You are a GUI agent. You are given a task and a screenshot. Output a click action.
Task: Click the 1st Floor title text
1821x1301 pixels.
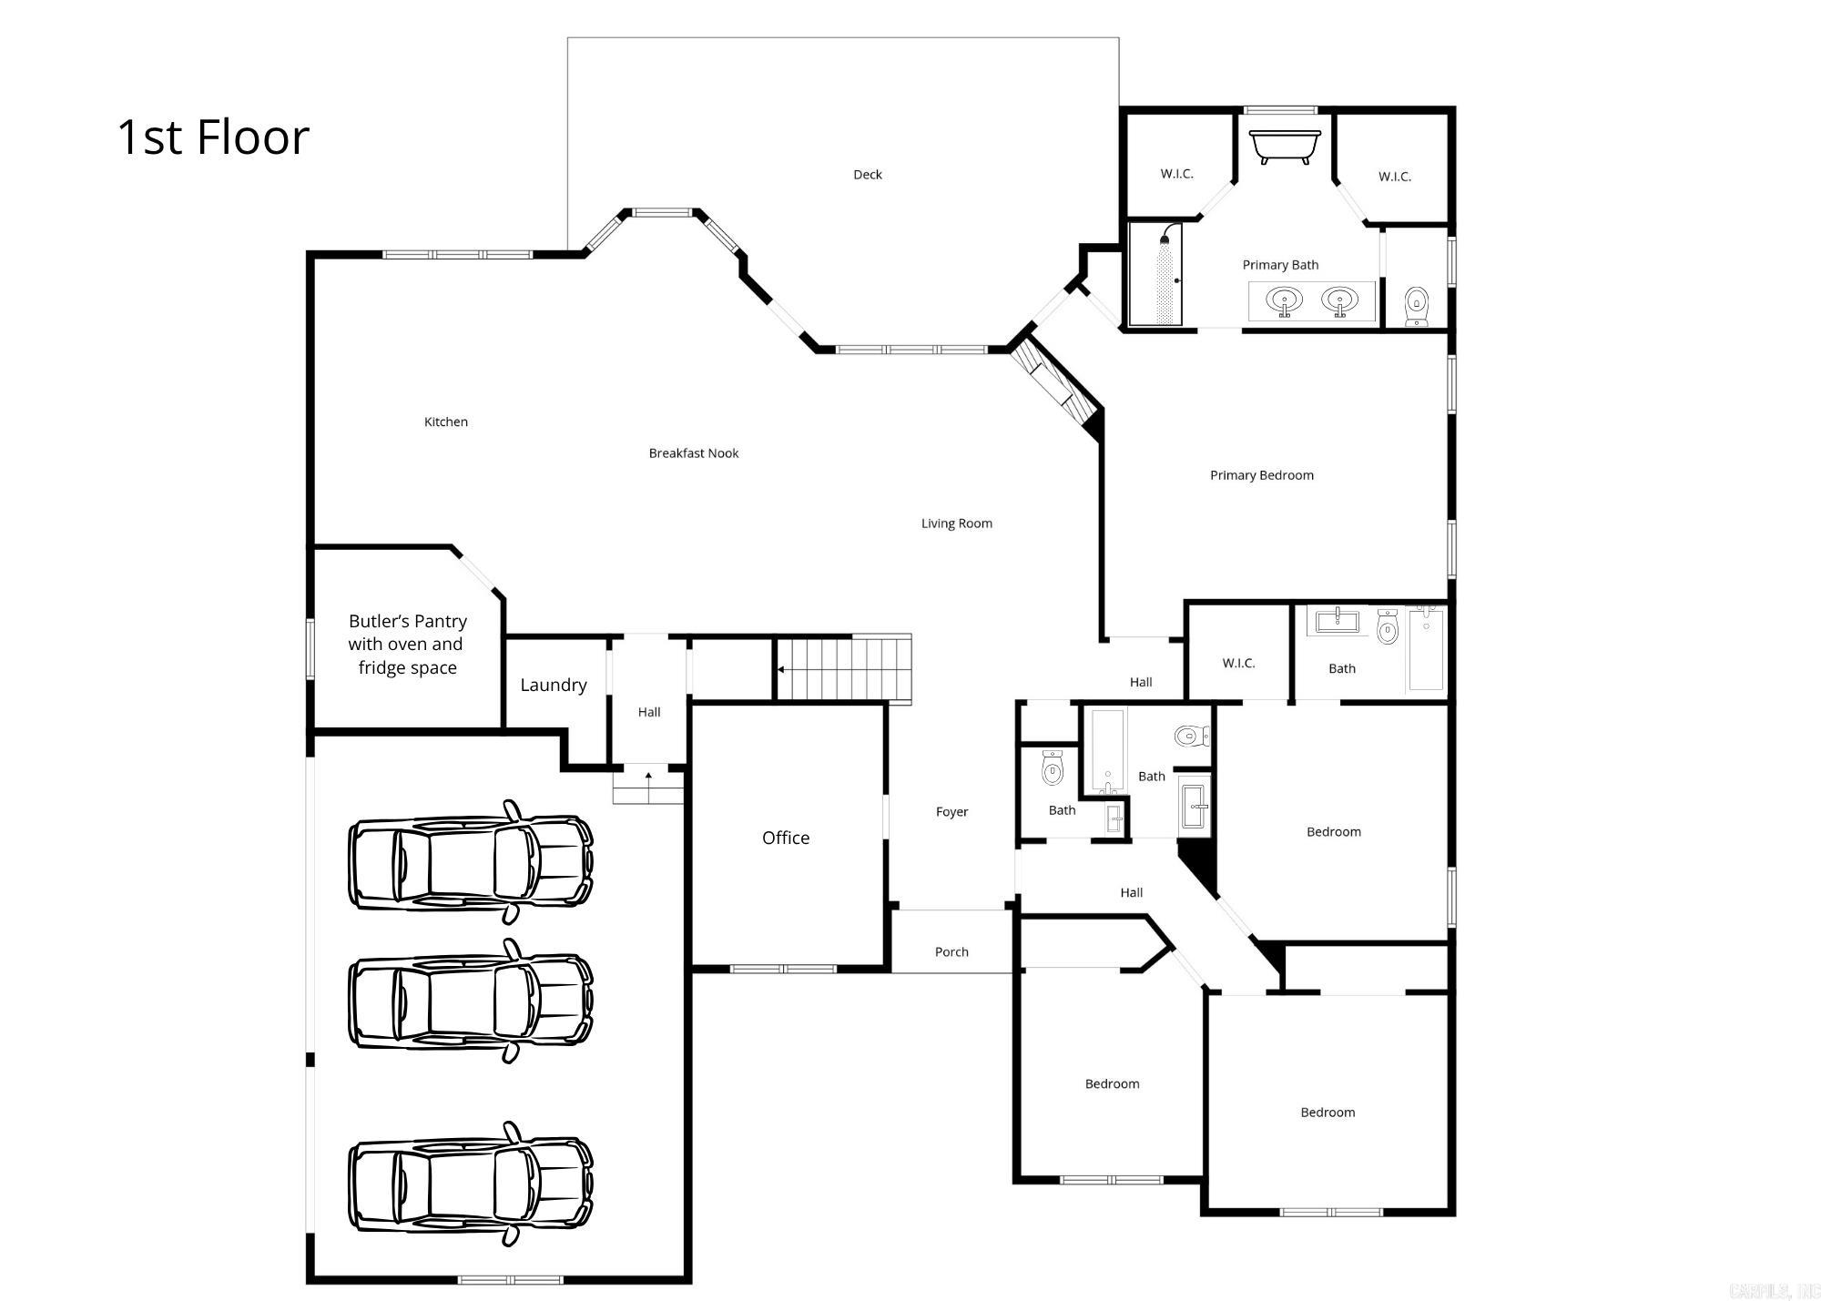[x=213, y=137]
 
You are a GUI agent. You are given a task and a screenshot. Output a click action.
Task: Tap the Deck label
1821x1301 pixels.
[x=867, y=175]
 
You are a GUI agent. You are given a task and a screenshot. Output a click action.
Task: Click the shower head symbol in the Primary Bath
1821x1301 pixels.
[x=1165, y=239]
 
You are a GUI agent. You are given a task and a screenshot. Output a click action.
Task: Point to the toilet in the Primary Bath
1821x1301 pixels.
[x=1416, y=306]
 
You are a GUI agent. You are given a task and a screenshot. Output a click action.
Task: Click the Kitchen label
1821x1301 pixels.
[x=445, y=422]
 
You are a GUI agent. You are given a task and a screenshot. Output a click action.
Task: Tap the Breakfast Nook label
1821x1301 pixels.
[x=693, y=453]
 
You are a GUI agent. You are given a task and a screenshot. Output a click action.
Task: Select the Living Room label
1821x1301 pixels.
[x=956, y=523]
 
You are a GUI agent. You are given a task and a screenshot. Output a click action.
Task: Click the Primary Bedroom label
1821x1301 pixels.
[x=1261, y=475]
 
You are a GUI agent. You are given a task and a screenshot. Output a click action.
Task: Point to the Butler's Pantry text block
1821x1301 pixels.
[x=407, y=644]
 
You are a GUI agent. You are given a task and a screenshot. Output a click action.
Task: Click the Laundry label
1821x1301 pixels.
[x=553, y=685]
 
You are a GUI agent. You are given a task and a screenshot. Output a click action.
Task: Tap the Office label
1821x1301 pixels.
[x=785, y=838]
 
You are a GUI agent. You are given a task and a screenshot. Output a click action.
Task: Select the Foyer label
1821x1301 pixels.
[x=951, y=812]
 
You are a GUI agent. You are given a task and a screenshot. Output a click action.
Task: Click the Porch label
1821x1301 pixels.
[x=951, y=952]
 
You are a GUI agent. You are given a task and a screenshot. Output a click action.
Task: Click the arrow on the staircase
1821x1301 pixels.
[x=781, y=669]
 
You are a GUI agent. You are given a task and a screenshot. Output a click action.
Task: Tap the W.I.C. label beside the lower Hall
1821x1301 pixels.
[x=1238, y=663]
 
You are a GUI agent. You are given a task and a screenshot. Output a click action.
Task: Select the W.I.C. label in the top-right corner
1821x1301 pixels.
[x=1394, y=177]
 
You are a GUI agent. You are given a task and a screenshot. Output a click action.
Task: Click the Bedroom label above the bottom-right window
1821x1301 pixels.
[x=1327, y=1113]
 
